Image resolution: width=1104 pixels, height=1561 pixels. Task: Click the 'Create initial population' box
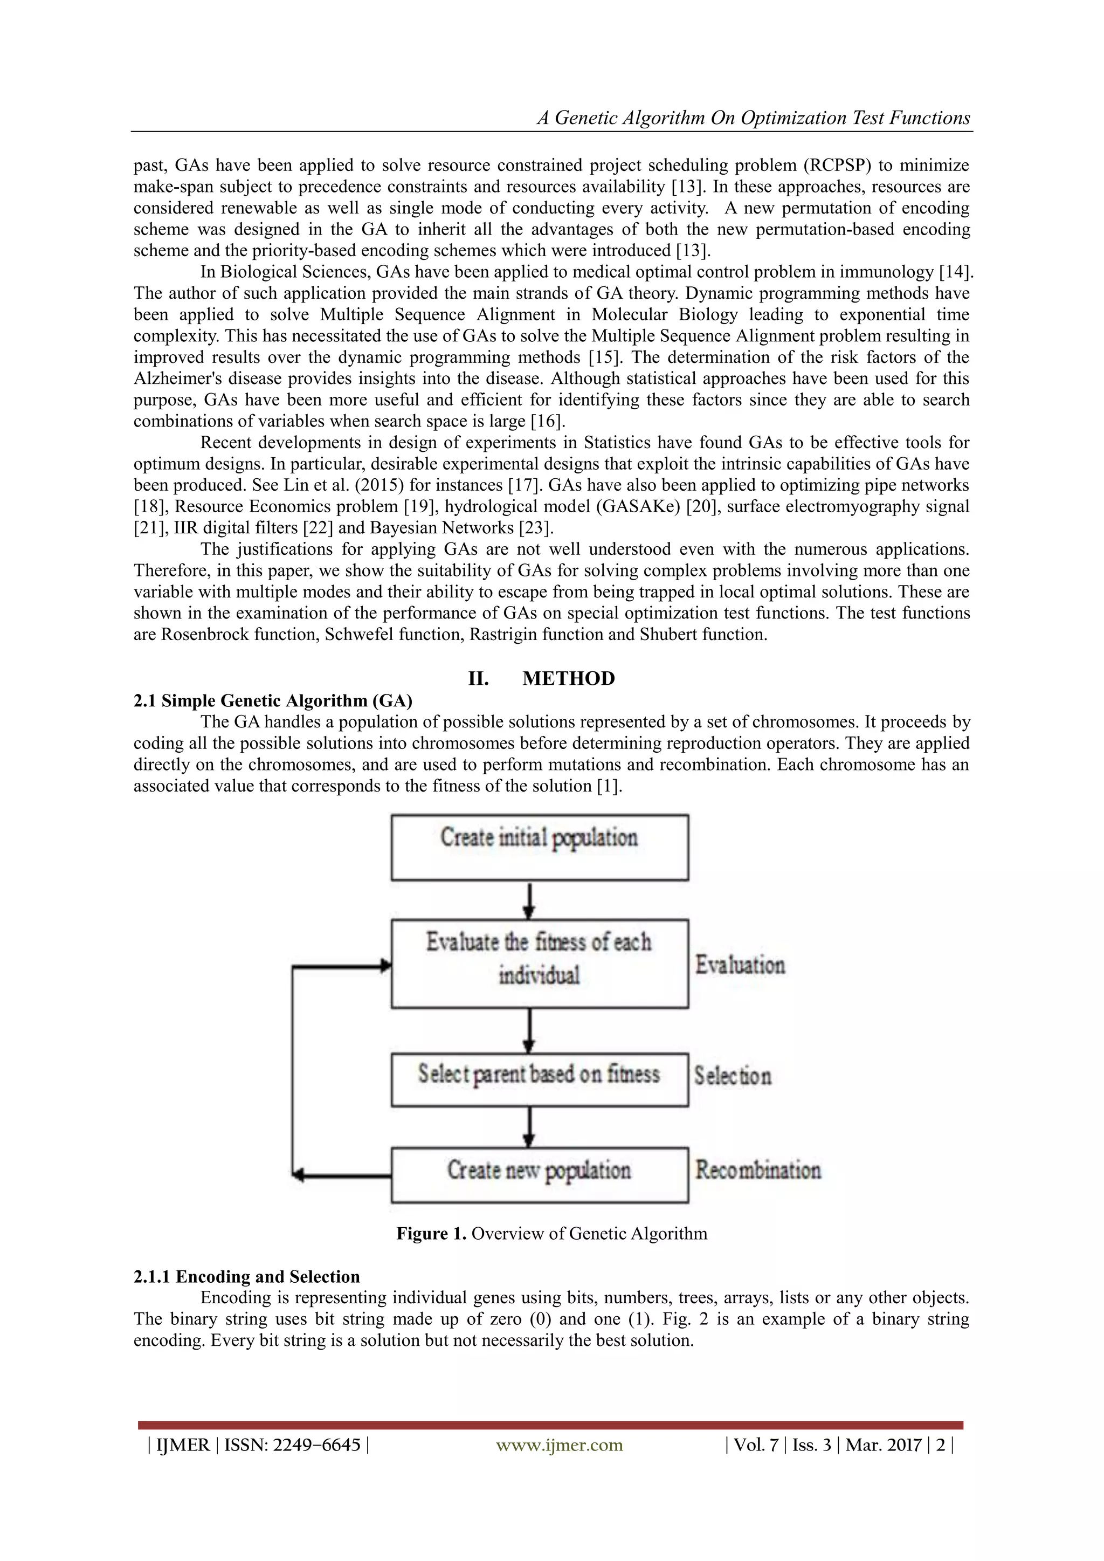(539, 847)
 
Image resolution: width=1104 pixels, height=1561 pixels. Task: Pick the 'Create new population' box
(539, 1174)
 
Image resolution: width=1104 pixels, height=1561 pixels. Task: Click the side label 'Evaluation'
(740, 965)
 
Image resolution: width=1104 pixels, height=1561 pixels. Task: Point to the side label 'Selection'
(733, 1076)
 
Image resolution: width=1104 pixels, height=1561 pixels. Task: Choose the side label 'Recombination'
(758, 1170)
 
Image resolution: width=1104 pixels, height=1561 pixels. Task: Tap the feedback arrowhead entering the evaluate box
(386, 965)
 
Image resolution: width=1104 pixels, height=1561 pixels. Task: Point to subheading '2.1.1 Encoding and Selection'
(247, 1276)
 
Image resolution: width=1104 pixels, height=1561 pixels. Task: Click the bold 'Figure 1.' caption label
(431, 1233)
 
